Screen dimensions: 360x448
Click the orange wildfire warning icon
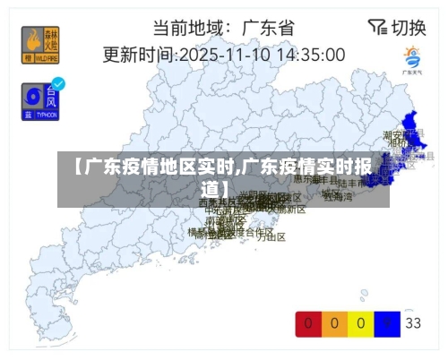(37, 44)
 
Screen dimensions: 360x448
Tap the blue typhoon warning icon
(39, 102)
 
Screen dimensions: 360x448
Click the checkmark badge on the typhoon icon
(58, 84)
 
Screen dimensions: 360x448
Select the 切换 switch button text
(409, 28)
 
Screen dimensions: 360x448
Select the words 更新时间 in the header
(136, 54)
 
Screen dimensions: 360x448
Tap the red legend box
(308, 322)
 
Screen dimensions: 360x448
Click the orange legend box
(335, 322)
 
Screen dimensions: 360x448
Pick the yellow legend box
(361, 322)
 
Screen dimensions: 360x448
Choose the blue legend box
(387, 322)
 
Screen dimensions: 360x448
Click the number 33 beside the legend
(413, 322)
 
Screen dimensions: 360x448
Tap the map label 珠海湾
(338, 196)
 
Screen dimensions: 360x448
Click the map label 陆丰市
(349, 184)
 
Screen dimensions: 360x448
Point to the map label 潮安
(395, 133)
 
